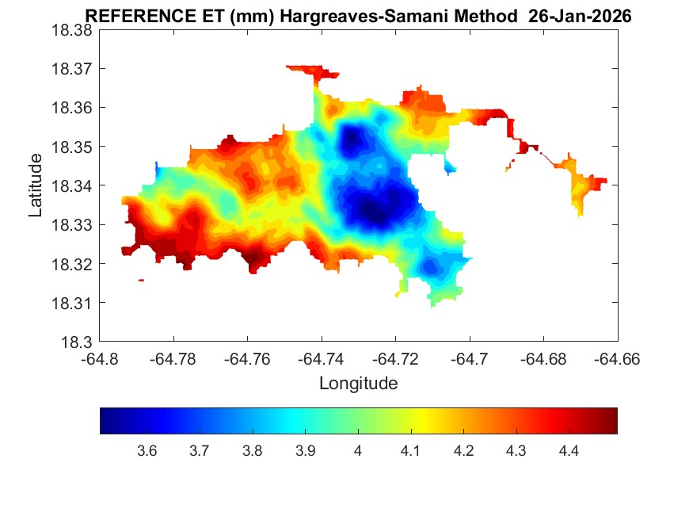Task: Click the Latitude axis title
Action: pyautogui.click(x=36, y=185)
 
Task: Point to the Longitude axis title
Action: pyautogui.click(x=358, y=384)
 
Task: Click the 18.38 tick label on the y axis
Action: pyautogui.click(x=72, y=29)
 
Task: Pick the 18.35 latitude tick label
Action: pyautogui.click(x=72, y=147)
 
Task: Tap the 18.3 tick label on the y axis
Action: pyautogui.click(x=77, y=342)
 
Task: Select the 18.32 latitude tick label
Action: pyautogui.click(x=72, y=264)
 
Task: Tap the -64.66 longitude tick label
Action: pyautogui.click(x=617, y=358)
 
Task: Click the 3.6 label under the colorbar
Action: pyautogui.click(x=147, y=451)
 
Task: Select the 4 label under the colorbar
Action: pyautogui.click(x=358, y=451)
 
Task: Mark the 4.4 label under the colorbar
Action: pyautogui.click(x=569, y=451)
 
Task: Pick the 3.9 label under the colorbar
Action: pyautogui.click(x=305, y=451)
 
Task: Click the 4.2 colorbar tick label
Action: pyautogui.click(x=463, y=451)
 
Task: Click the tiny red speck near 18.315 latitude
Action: pyautogui.click(x=141, y=280)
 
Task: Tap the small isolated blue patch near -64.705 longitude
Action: pyautogui.click(x=451, y=167)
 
